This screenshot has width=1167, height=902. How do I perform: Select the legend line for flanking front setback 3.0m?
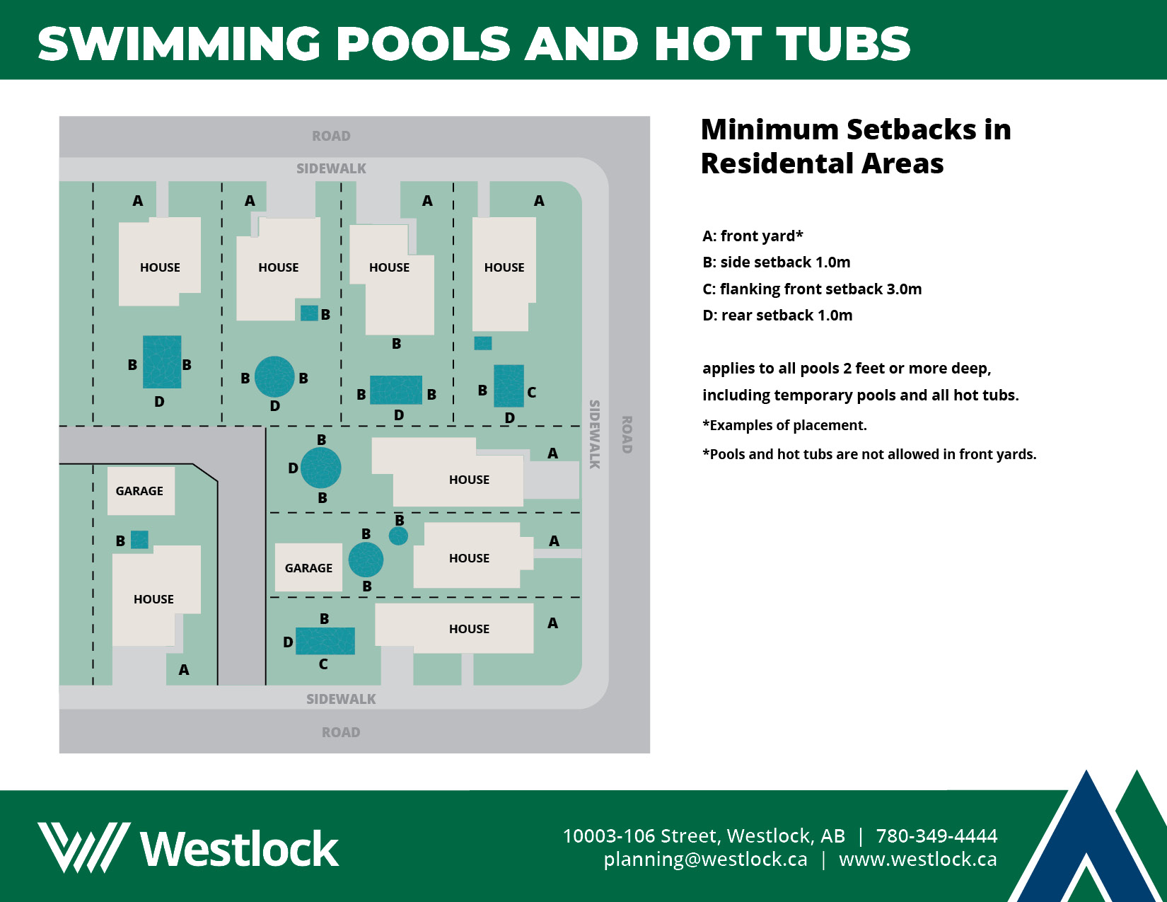[x=811, y=289]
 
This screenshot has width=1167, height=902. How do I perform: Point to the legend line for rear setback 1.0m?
[x=777, y=316]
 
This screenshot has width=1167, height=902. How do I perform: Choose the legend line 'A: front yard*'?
[x=753, y=236]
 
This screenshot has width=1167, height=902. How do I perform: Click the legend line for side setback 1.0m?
[x=776, y=262]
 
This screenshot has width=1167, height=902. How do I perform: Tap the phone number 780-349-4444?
[x=936, y=836]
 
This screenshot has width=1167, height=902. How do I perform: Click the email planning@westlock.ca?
[x=705, y=859]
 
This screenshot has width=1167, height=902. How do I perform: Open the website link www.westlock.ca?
[x=918, y=859]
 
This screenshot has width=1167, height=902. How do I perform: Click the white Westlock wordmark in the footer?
[x=240, y=848]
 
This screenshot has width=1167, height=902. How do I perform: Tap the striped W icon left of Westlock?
[x=83, y=848]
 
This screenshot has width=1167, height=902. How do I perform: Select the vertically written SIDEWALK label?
[x=594, y=434]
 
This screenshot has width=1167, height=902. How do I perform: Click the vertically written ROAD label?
[x=626, y=434]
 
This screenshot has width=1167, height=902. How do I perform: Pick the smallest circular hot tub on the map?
[x=398, y=536]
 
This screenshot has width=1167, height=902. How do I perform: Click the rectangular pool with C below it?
[x=325, y=641]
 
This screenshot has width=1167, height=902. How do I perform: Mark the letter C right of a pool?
[x=531, y=392]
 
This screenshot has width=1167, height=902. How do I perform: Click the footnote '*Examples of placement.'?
[x=784, y=425]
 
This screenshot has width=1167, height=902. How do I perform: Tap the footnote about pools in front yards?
[x=869, y=454]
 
